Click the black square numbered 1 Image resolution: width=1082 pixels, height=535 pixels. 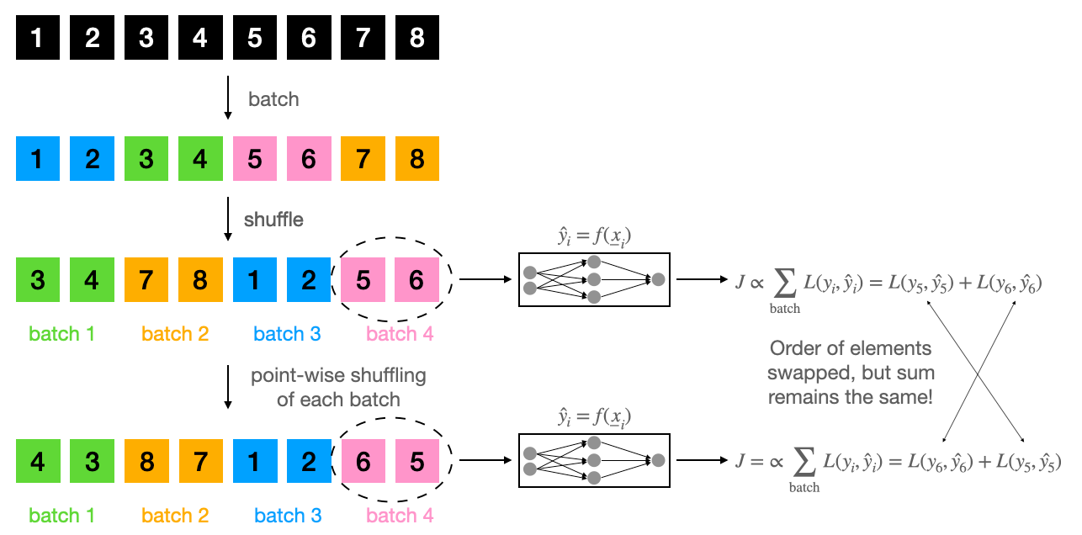coord(38,38)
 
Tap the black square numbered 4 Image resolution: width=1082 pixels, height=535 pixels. coord(200,38)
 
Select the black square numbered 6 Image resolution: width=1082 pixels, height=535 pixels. coord(309,38)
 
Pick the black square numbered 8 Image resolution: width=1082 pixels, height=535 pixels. coord(417,38)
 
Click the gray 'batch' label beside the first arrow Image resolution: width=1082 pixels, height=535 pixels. coord(273,99)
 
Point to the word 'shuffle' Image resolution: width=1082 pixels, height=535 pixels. coord(273,220)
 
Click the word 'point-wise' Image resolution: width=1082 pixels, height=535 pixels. coord(293,375)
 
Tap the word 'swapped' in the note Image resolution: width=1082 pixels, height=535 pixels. coord(819,372)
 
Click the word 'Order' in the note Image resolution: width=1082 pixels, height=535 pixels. coord(795,348)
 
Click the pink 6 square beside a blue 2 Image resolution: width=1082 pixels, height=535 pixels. coord(363,461)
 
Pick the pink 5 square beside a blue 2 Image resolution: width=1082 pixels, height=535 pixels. coord(363,280)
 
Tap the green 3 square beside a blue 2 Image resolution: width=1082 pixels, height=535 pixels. coord(146,159)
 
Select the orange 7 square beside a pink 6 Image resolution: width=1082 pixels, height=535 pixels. coord(363,159)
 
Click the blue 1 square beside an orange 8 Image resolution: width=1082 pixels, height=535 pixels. coord(255,280)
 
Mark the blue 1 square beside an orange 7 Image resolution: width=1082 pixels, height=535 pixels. coord(255,461)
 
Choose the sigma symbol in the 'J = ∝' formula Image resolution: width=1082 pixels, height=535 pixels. coord(804,459)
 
